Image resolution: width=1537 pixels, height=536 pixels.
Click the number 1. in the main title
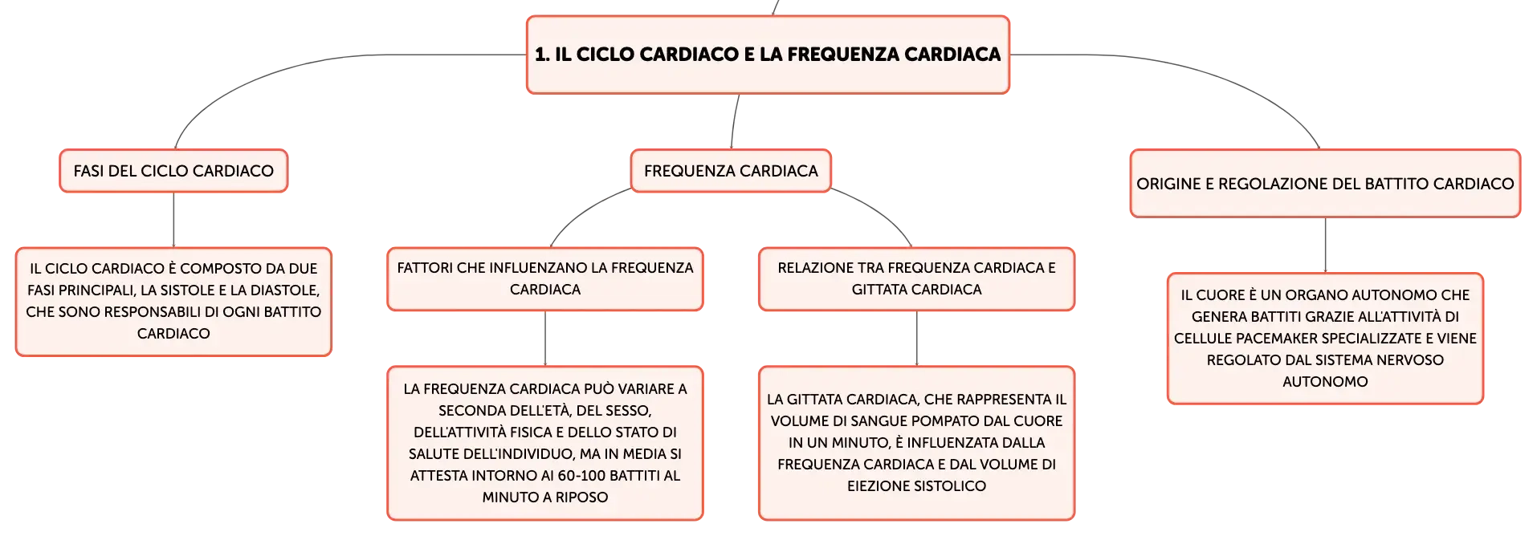pos(543,55)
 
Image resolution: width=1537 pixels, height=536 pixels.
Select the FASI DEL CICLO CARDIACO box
pos(173,171)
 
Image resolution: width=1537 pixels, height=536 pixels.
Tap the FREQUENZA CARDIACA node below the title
pos(731,171)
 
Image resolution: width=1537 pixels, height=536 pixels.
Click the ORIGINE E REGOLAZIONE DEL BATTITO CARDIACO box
pos(1325,184)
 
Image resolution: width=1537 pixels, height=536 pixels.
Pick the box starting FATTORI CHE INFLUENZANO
pos(545,278)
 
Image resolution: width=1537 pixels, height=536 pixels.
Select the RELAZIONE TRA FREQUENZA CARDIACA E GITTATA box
pos(916,278)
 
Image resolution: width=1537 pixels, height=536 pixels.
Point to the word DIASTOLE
pos(284,290)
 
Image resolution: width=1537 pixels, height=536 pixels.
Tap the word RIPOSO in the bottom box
pos(581,497)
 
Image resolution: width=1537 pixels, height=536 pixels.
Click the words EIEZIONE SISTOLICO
pos(916,486)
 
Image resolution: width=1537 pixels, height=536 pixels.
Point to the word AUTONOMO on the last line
pos(1325,382)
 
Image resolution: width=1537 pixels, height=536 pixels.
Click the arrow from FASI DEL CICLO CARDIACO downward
pos(173,220)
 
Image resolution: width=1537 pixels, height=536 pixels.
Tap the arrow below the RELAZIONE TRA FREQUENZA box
pos(916,339)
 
